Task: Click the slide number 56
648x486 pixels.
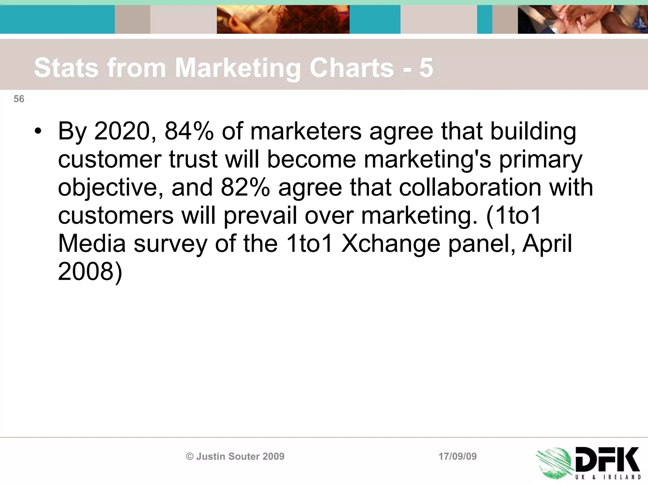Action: coord(19,99)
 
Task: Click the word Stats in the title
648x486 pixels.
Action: coord(66,68)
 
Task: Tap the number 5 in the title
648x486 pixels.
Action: coord(426,68)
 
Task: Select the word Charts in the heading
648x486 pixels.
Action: coord(352,68)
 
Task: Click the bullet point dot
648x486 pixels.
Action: coord(38,131)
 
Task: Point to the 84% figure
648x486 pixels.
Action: coord(189,131)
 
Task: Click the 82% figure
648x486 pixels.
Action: coord(245,187)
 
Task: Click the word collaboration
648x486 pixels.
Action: coord(470,187)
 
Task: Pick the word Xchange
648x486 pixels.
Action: coord(390,244)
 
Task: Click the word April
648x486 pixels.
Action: coord(547,244)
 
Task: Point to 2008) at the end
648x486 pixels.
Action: coord(90,271)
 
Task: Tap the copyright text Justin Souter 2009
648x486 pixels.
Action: coord(235,456)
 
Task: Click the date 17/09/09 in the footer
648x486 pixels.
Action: coord(458,456)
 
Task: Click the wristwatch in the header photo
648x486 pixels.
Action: coord(554,29)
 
